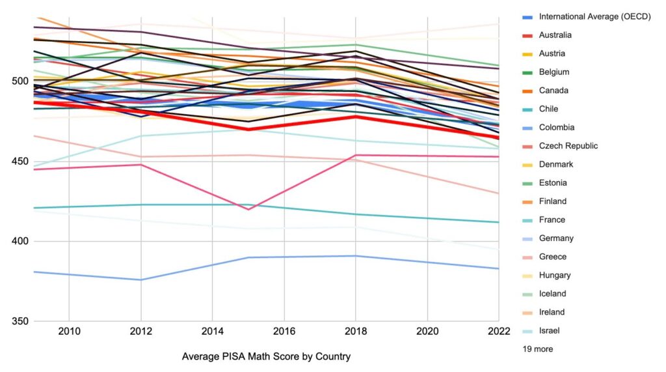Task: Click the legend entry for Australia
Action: pyautogui.click(x=555, y=35)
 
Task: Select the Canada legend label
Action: pyautogui.click(x=553, y=91)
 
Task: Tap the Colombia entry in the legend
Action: pyautogui.click(x=556, y=128)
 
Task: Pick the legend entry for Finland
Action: pyautogui.click(x=553, y=201)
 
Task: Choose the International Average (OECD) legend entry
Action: pyautogui.click(x=594, y=17)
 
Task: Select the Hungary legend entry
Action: pyautogui.click(x=555, y=275)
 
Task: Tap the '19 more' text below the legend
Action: pyautogui.click(x=538, y=349)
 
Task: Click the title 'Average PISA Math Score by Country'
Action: pyautogui.click(x=266, y=356)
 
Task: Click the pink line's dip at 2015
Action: pyautogui.click(x=248, y=209)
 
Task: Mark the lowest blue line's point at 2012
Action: pyautogui.click(x=141, y=280)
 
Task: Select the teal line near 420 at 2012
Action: pyautogui.click(x=141, y=205)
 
